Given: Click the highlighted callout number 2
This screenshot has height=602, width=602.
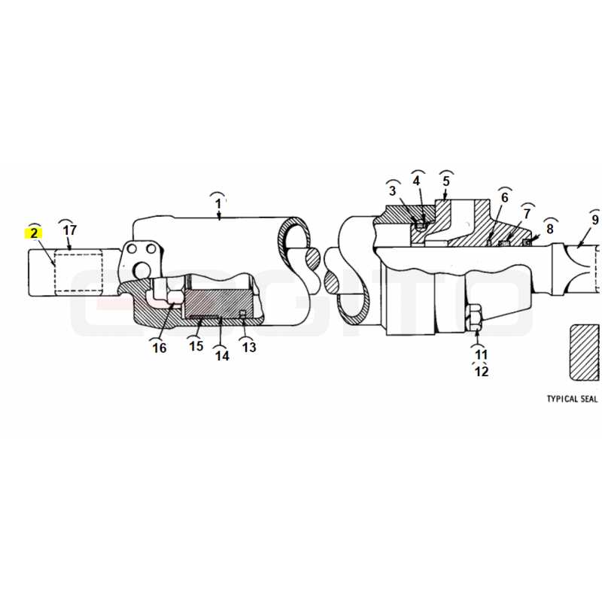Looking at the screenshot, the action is point(34,233).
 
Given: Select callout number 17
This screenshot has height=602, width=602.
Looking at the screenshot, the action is point(69,230).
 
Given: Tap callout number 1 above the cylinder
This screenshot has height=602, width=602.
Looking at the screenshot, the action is point(218,203).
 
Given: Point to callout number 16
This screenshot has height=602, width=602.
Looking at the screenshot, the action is point(160,348).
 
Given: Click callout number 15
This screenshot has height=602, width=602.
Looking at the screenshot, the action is point(196,346).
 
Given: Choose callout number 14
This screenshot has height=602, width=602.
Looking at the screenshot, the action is point(222,356).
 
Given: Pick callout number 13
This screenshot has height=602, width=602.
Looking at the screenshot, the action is point(249,347).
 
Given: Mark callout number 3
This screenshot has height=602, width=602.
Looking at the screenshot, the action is point(392,190).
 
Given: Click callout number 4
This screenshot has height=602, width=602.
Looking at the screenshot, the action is point(417,181).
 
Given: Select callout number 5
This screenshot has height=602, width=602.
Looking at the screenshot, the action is point(445,181).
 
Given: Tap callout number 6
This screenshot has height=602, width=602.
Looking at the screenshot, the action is point(504,197).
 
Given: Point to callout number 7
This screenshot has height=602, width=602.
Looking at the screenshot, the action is point(527,214).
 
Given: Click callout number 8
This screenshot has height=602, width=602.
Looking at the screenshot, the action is point(550,229).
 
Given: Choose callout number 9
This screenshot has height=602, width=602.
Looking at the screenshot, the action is point(595,220).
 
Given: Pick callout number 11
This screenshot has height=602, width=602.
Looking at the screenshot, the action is point(481,354).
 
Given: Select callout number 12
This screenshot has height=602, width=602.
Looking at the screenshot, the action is point(482,371).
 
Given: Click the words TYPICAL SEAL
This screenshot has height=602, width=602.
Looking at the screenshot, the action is point(572,399).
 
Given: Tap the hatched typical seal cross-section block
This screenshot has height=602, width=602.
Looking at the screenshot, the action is point(585,352).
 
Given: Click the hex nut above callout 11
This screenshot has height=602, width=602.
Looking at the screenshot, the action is point(476,317).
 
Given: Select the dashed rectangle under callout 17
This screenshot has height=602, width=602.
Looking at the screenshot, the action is point(79,272).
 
